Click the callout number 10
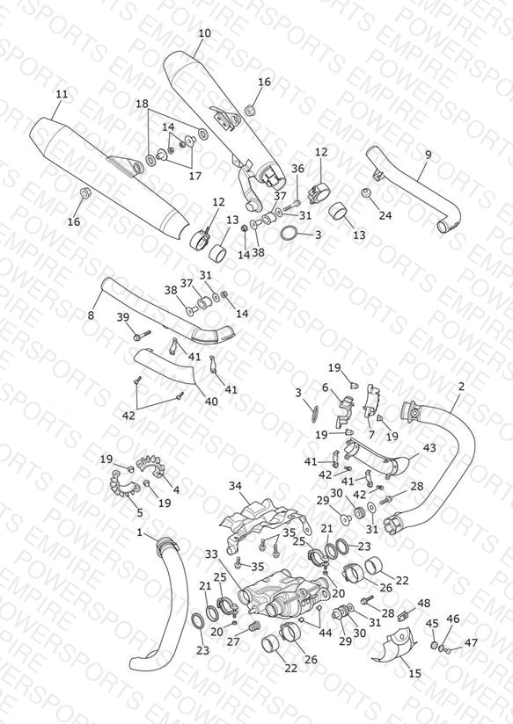point(204,33)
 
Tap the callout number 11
point(62,94)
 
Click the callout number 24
point(385,215)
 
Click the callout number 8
point(92,315)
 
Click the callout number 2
point(461,387)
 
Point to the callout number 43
point(429,448)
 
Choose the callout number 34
point(236,486)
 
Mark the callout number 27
point(233,642)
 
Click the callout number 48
point(424,603)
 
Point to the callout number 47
point(472,642)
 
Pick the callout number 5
point(140,512)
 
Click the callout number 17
point(195,176)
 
